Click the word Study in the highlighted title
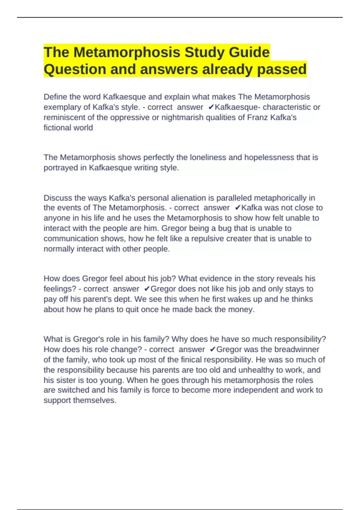[204, 52]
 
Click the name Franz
[257, 117]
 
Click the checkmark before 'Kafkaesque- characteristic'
[211, 107]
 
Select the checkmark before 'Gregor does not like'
[147, 289]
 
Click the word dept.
[123, 299]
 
